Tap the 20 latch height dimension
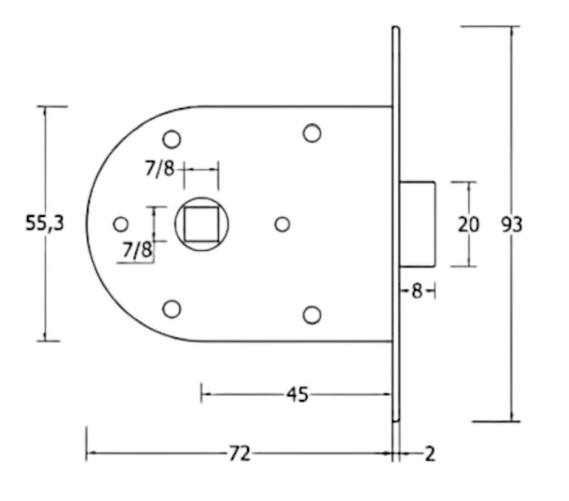[x=468, y=225]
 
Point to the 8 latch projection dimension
[x=417, y=291]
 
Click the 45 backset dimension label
[x=297, y=394]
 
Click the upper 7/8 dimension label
[x=159, y=169]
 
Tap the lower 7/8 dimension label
[x=137, y=249]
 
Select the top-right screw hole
[x=312, y=133]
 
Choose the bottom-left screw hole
[x=171, y=309]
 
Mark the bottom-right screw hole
[x=312, y=314]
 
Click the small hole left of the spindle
[x=121, y=225]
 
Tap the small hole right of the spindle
[x=282, y=225]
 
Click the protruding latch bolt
[x=418, y=224]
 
